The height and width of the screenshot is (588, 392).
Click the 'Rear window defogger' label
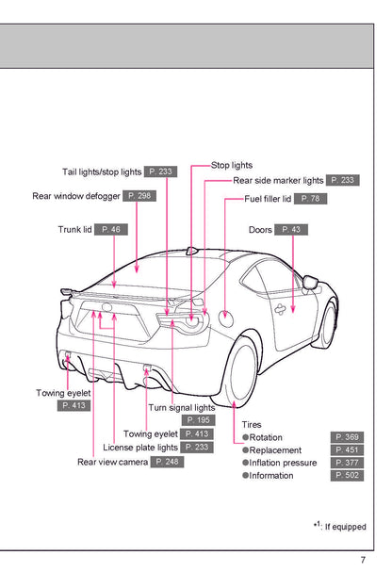point(76,196)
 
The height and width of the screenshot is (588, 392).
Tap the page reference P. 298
point(139,196)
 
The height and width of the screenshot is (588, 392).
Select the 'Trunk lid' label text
point(74,229)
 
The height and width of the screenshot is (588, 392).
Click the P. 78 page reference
point(312,199)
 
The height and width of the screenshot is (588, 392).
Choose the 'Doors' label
point(261,229)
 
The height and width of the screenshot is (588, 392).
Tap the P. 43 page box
point(293,229)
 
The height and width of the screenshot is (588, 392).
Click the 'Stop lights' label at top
point(232,165)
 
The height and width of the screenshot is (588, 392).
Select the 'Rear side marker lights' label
point(278,180)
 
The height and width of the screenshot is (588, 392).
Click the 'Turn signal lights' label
point(182,408)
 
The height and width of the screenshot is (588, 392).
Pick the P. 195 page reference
point(199,420)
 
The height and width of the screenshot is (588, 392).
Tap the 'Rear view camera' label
point(113,462)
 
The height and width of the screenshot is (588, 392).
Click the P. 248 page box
point(167,462)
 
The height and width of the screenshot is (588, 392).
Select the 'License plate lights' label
point(140,448)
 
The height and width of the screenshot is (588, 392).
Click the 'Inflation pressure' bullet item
point(283,463)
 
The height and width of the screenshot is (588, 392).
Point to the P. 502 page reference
point(348,476)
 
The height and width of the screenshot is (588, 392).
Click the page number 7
point(363,562)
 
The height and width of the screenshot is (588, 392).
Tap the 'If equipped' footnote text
point(345,527)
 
